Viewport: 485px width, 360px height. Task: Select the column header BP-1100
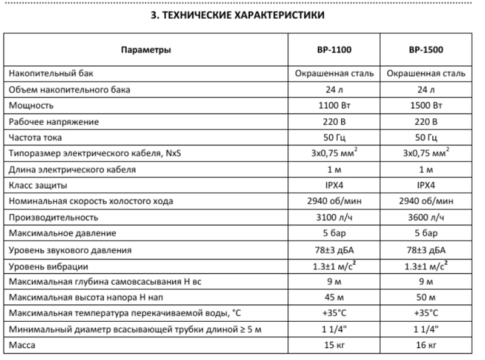click(334, 50)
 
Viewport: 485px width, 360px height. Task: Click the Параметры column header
click(145, 50)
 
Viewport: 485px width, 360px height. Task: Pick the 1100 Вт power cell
click(334, 105)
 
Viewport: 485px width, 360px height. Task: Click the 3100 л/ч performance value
click(334, 217)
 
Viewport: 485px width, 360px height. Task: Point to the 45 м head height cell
click(334, 298)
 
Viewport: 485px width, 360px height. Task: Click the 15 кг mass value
click(334, 346)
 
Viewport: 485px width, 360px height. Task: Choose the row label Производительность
click(53, 217)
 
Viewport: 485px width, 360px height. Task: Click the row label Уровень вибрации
click(48, 266)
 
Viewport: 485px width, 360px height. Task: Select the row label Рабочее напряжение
click(53, 122)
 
